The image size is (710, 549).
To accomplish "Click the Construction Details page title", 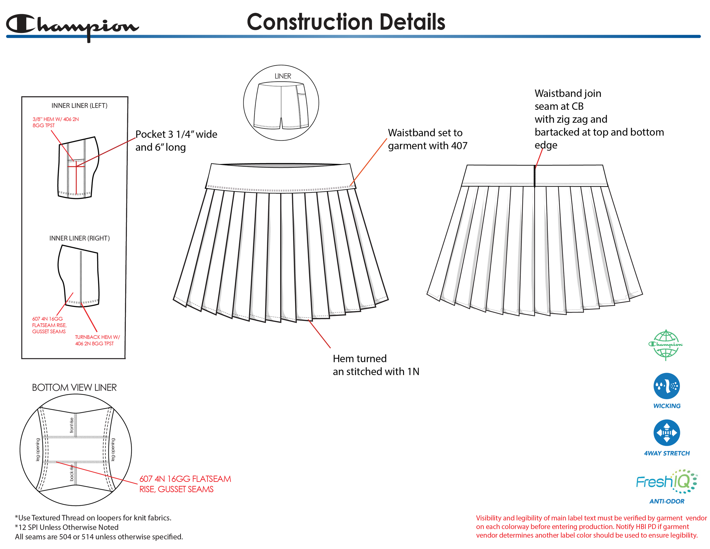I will coord(346,22).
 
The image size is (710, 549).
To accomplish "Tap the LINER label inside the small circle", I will coord(283,76).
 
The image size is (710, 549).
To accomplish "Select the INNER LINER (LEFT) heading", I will coord(79,106).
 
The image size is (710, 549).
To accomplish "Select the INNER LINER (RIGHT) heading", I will coord(79,238).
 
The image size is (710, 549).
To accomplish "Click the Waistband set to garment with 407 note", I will coord(427,139).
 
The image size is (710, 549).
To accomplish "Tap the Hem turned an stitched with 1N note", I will coord(375,365).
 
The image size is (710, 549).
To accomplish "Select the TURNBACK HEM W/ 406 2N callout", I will coord(97,340).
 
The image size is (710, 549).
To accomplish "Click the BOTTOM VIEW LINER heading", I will coord(74,388).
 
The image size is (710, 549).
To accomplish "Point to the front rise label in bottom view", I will coord(72,425).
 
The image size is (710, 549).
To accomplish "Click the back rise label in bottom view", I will coord(72,473).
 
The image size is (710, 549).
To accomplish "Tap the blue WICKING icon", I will coord(667,386).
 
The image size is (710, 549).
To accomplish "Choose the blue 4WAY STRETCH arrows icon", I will coord(667,432).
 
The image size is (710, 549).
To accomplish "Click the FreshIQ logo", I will coord(666,481).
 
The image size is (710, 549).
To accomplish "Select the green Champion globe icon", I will coord(665,345).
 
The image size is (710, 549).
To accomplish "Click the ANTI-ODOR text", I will coord(667,501).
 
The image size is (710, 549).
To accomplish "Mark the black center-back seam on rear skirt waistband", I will coord(534,176).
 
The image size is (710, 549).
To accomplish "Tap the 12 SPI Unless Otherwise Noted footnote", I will coord(68,527).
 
